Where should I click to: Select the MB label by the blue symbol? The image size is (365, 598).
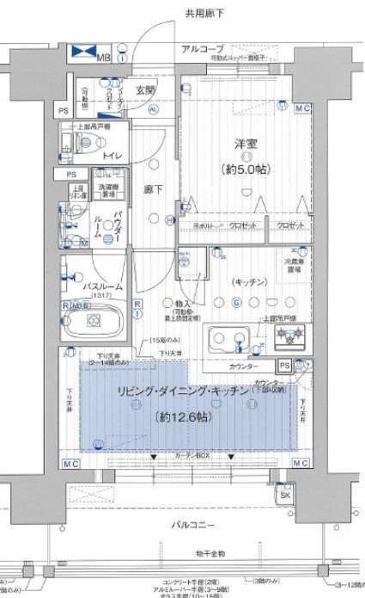[x=103, y=58]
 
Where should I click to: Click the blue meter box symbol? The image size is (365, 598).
[x=83, y=53]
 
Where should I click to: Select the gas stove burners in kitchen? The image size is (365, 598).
[x=288, y=333]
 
